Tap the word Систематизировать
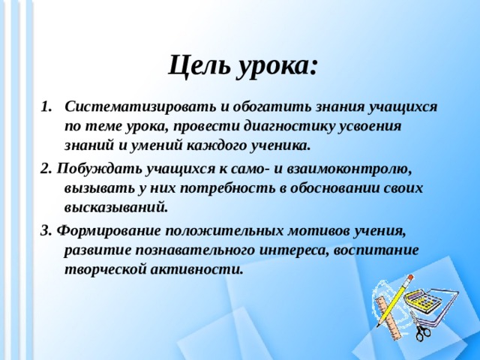141,106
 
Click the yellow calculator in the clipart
424,300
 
